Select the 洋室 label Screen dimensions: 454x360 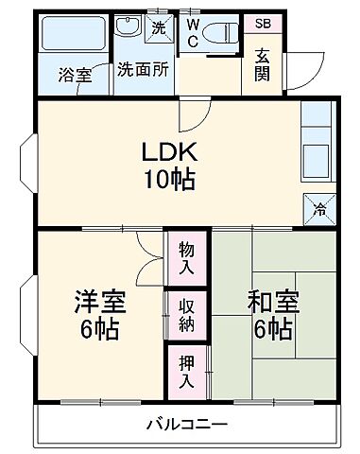(x=98, y=305)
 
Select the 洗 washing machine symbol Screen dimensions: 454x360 (x=160, y=26)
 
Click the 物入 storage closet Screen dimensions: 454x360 (x=187, y=256)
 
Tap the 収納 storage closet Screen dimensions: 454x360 (x=187, y=315)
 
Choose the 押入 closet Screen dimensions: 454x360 (x=187, y=372)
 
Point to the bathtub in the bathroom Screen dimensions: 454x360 (x=76, y=36)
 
